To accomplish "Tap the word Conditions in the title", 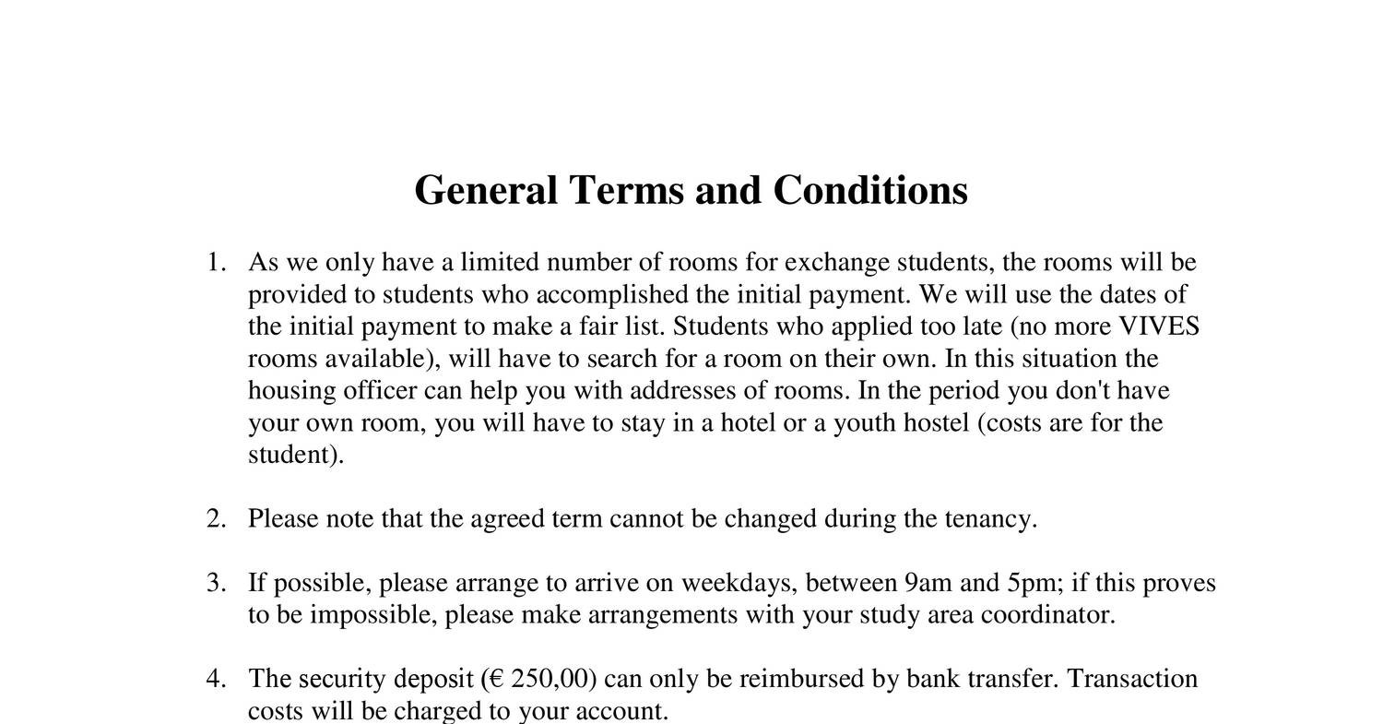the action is point(869,191).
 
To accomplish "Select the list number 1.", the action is point(215,263).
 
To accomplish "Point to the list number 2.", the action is point(215,519).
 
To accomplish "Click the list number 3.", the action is point(215,584).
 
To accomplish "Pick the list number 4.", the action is point(215,680).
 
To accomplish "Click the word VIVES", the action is point(1158,327).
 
